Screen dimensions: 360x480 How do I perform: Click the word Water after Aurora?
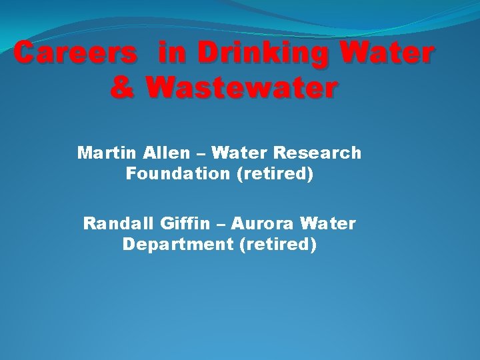[329, 223]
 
